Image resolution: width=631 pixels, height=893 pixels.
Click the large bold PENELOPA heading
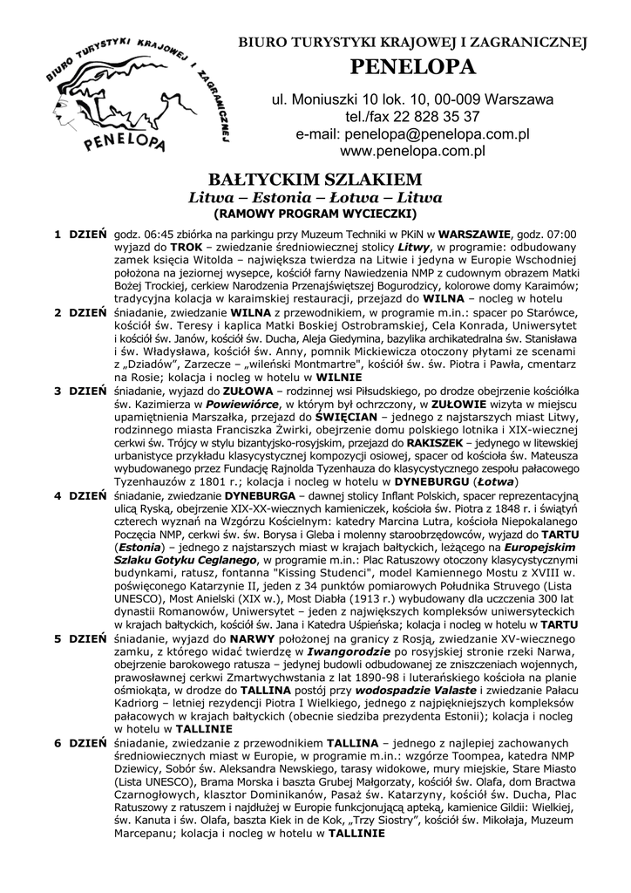[x=413, y=67]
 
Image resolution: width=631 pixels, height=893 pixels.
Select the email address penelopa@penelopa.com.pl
[x=438, y=134]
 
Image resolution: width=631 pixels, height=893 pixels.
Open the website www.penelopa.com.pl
[x=413, y=152]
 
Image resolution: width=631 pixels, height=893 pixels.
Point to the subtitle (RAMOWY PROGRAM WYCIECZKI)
[x=315, y=213]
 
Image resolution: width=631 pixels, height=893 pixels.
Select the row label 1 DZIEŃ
[x=80, y=235]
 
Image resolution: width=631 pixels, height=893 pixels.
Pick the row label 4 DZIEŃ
[x=80, y=495]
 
